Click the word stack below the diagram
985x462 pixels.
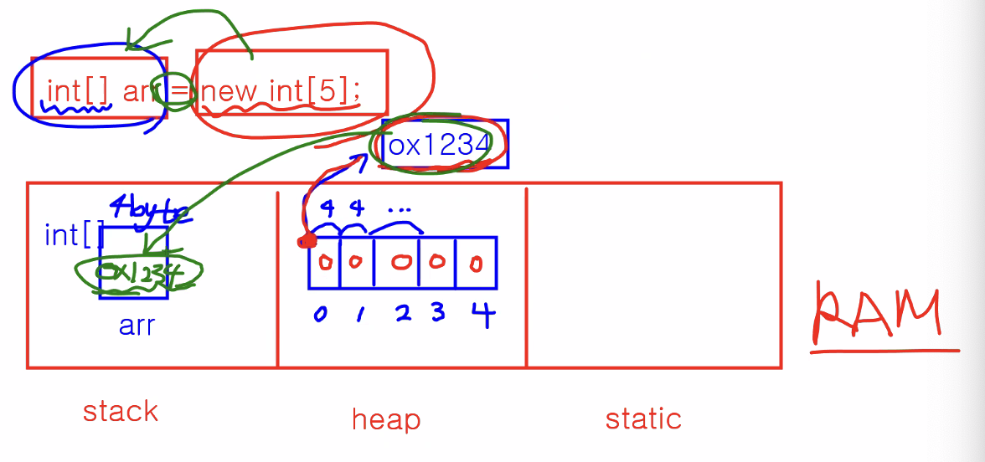tap(120, 411)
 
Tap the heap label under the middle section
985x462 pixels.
tap(385, 418)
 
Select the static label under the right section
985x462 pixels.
tap(643, 418)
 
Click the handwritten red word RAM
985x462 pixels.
tap(876, 317)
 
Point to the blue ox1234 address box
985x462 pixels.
tap(444, 145)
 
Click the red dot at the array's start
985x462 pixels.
tap(307, 242)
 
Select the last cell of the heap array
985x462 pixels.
tap(477, 263)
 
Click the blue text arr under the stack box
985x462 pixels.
tap(137, 325)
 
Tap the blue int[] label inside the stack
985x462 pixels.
tap(73, 235)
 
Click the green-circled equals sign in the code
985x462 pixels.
tap(178, 92)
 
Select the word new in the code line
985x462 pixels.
tap(228, 91)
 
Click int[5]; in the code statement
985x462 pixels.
tap(314, 91)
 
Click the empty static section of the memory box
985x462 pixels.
tap(653, 276)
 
